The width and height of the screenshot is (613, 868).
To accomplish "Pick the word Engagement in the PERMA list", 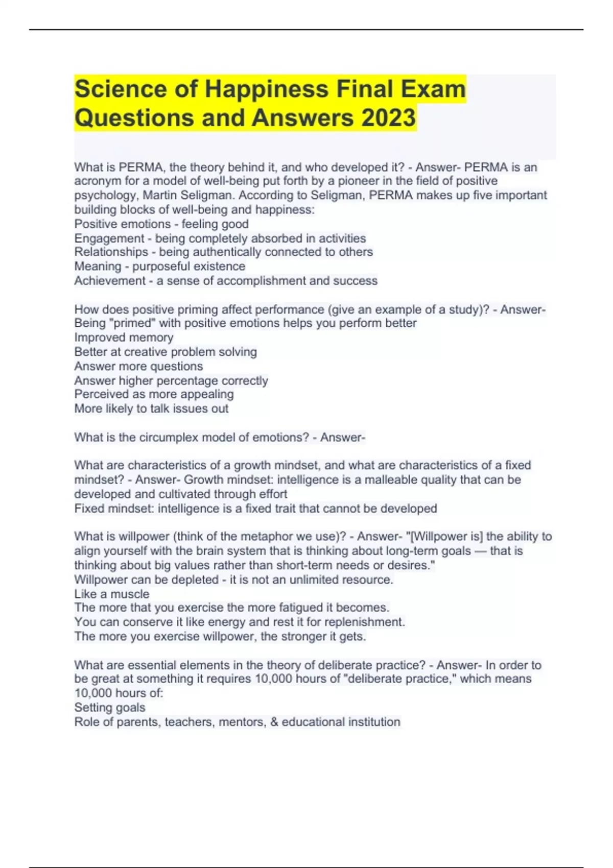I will point(109,238).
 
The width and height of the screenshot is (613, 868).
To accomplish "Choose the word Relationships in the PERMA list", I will point(111,252).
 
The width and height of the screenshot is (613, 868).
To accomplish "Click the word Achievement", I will point(110,280).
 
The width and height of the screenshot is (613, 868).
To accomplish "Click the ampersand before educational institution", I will point(274,721).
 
